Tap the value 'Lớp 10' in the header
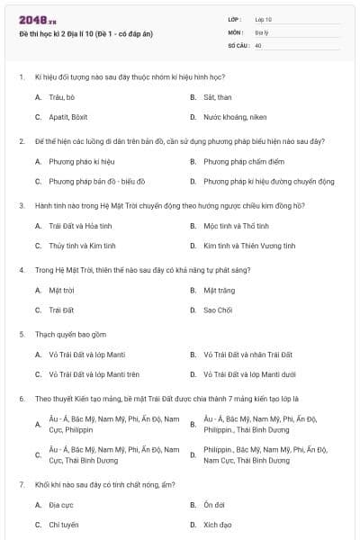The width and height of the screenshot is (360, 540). (x=263, y=19)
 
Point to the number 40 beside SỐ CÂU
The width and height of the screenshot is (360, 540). (x=258, y=43)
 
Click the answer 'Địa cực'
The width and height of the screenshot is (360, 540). (x=60, y=505)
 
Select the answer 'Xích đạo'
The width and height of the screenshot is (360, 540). (x=218, y=524)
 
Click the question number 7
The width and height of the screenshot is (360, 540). (x=22, y=484)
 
